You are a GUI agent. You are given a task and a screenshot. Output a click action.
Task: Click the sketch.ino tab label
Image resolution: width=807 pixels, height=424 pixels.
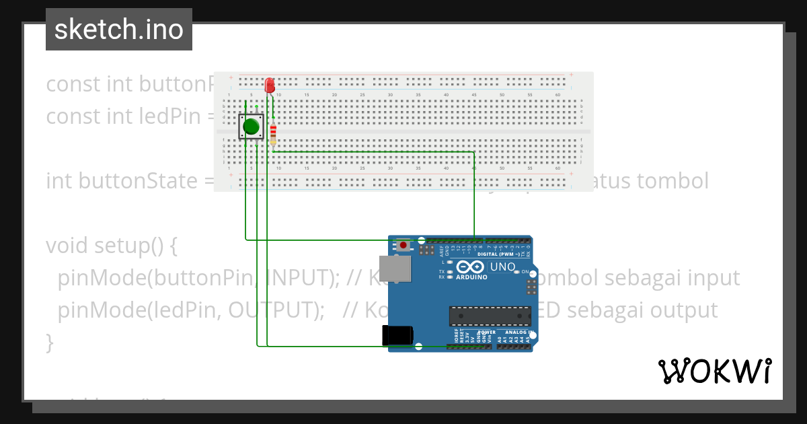point(119,30)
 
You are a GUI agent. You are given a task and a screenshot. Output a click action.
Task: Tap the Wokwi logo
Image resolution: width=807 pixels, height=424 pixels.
point(714,371)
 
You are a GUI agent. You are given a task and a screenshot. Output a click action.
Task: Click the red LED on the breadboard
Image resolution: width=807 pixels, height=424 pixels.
point(270,85)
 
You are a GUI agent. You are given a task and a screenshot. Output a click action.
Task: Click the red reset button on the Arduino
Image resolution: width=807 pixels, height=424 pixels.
point(403,245)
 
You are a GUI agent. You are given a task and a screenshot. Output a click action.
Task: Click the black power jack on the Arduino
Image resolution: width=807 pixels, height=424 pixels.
point(396,335)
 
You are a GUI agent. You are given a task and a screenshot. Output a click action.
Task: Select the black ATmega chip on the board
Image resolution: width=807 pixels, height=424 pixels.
point(490,315)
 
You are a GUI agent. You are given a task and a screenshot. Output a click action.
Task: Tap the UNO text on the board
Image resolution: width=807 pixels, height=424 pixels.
point(502,267)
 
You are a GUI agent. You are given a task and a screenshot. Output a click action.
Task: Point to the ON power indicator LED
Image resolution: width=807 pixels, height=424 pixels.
point(525,271)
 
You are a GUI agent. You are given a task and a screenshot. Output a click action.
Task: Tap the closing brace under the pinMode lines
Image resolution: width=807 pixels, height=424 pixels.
point(50,343)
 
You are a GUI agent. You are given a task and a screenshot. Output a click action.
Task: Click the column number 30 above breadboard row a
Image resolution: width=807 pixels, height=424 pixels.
point(390,95)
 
